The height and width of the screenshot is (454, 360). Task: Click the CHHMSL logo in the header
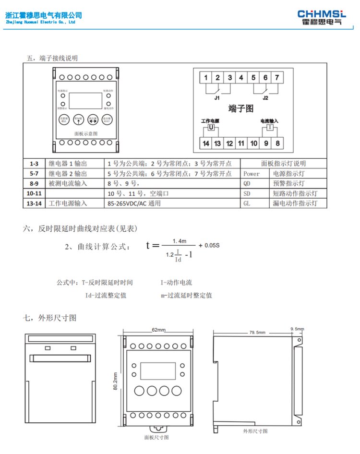point(321,17)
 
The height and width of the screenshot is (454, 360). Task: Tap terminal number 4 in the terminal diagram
point(241,78)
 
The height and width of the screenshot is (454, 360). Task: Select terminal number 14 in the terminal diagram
point(206,143)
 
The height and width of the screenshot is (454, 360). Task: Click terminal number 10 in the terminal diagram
point(253,143)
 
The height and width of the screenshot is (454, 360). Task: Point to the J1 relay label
point(217,97)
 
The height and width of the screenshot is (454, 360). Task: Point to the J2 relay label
point(265,97)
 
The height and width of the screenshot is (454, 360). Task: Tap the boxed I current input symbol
point(270,128)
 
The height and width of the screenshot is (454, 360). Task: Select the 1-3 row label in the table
point(34,164)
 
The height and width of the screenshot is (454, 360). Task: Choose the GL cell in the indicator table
point(247,203)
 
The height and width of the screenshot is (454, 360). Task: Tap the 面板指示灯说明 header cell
point(283,164)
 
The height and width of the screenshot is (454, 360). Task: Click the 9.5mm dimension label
point(297,329)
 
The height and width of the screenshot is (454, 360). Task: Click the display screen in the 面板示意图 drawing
point(85,101)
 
